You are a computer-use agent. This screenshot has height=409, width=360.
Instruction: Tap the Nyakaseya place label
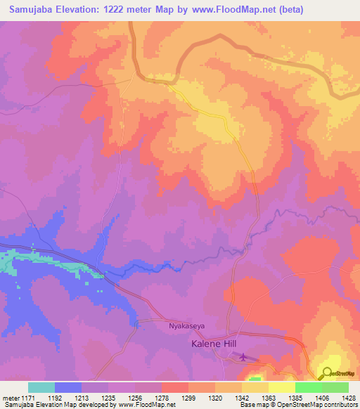186,326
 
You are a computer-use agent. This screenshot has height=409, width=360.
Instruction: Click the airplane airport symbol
243,358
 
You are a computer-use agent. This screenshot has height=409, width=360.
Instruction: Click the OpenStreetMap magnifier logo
328,373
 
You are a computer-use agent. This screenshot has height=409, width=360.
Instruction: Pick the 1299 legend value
187,397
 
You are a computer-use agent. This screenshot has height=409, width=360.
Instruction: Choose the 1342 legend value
240,397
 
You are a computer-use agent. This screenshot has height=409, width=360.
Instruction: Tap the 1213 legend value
81,397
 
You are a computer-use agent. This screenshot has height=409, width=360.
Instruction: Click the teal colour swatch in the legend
41,387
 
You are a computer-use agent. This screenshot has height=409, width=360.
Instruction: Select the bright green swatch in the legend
308,387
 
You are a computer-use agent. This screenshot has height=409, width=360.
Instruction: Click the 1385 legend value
293,397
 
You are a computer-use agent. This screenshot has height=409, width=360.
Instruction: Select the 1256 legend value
134,397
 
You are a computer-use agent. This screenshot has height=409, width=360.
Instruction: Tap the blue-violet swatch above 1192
68,387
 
